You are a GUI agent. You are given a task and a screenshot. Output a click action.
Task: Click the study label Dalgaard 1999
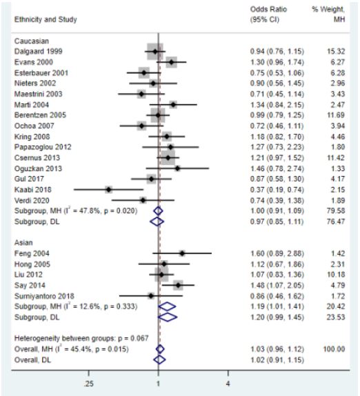(38, 51)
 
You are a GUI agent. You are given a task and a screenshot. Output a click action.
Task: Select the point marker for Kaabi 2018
(109, 190)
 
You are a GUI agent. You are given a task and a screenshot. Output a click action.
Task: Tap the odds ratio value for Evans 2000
(277, 62)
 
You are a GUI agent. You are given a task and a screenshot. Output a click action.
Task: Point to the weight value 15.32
(336, 51)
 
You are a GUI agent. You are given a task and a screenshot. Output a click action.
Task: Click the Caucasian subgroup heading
(32, 41)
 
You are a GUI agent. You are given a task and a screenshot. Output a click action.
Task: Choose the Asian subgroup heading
(23, 242)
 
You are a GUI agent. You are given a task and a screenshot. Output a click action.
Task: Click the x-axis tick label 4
(228, 384)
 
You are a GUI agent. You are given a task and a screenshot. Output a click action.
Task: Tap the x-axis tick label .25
(88, 384)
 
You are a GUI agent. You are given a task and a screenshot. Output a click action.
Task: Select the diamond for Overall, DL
(159, 359)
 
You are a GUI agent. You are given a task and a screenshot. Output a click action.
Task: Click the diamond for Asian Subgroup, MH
(167, 306)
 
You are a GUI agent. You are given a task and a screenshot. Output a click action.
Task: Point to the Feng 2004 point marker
(182, 253)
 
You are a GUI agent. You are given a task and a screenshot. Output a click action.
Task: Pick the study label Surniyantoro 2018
(44, 296)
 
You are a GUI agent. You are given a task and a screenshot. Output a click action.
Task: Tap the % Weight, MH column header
(328, 14)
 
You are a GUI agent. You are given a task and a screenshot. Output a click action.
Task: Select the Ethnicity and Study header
(46, 19)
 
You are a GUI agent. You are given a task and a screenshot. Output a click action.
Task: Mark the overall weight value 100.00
(334, 349)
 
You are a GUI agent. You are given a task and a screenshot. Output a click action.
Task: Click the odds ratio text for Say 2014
(277, 286)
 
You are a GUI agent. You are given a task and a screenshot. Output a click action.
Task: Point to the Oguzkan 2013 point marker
(177, 168)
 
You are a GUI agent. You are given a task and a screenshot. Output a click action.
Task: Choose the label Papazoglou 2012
(43, 147)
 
